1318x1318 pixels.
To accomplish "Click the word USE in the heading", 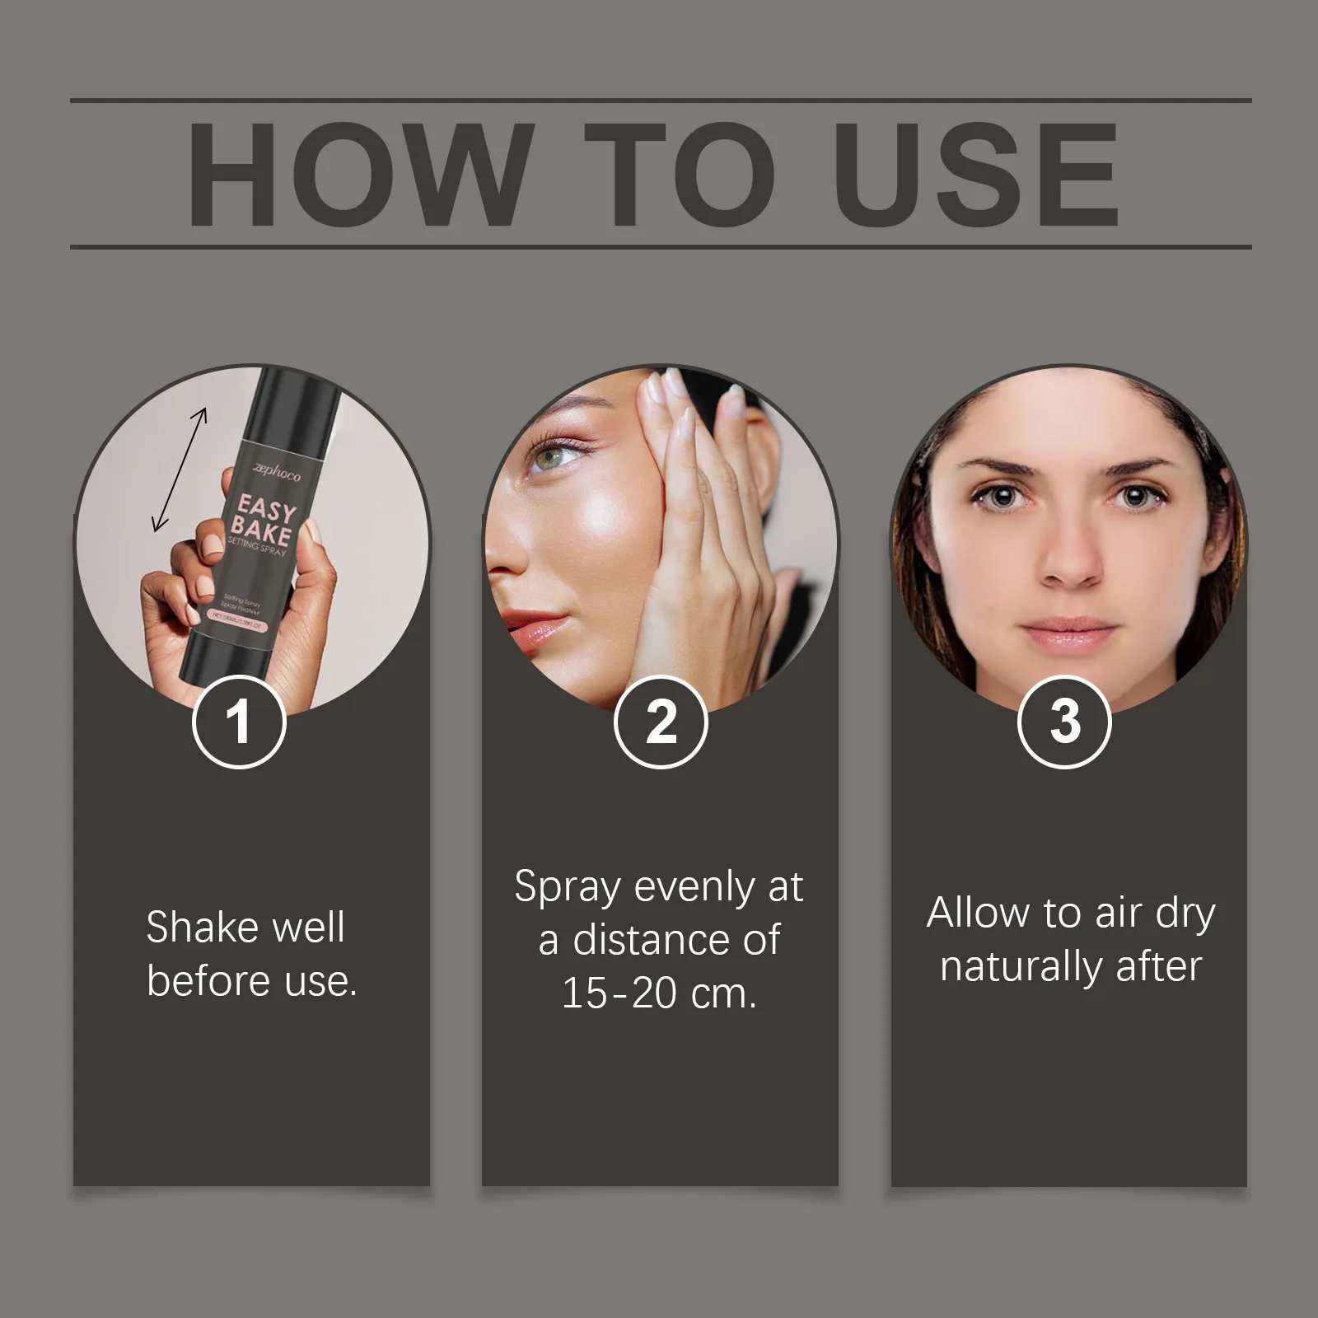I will coord(975,174).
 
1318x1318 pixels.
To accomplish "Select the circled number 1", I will coord(239,722).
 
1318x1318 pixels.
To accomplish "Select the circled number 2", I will coord(661,722).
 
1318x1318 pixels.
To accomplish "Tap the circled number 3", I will coord(1064,722).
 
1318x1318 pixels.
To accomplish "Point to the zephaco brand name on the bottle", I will coord(277,472).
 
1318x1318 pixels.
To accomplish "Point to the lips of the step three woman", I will coord(1068,633).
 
